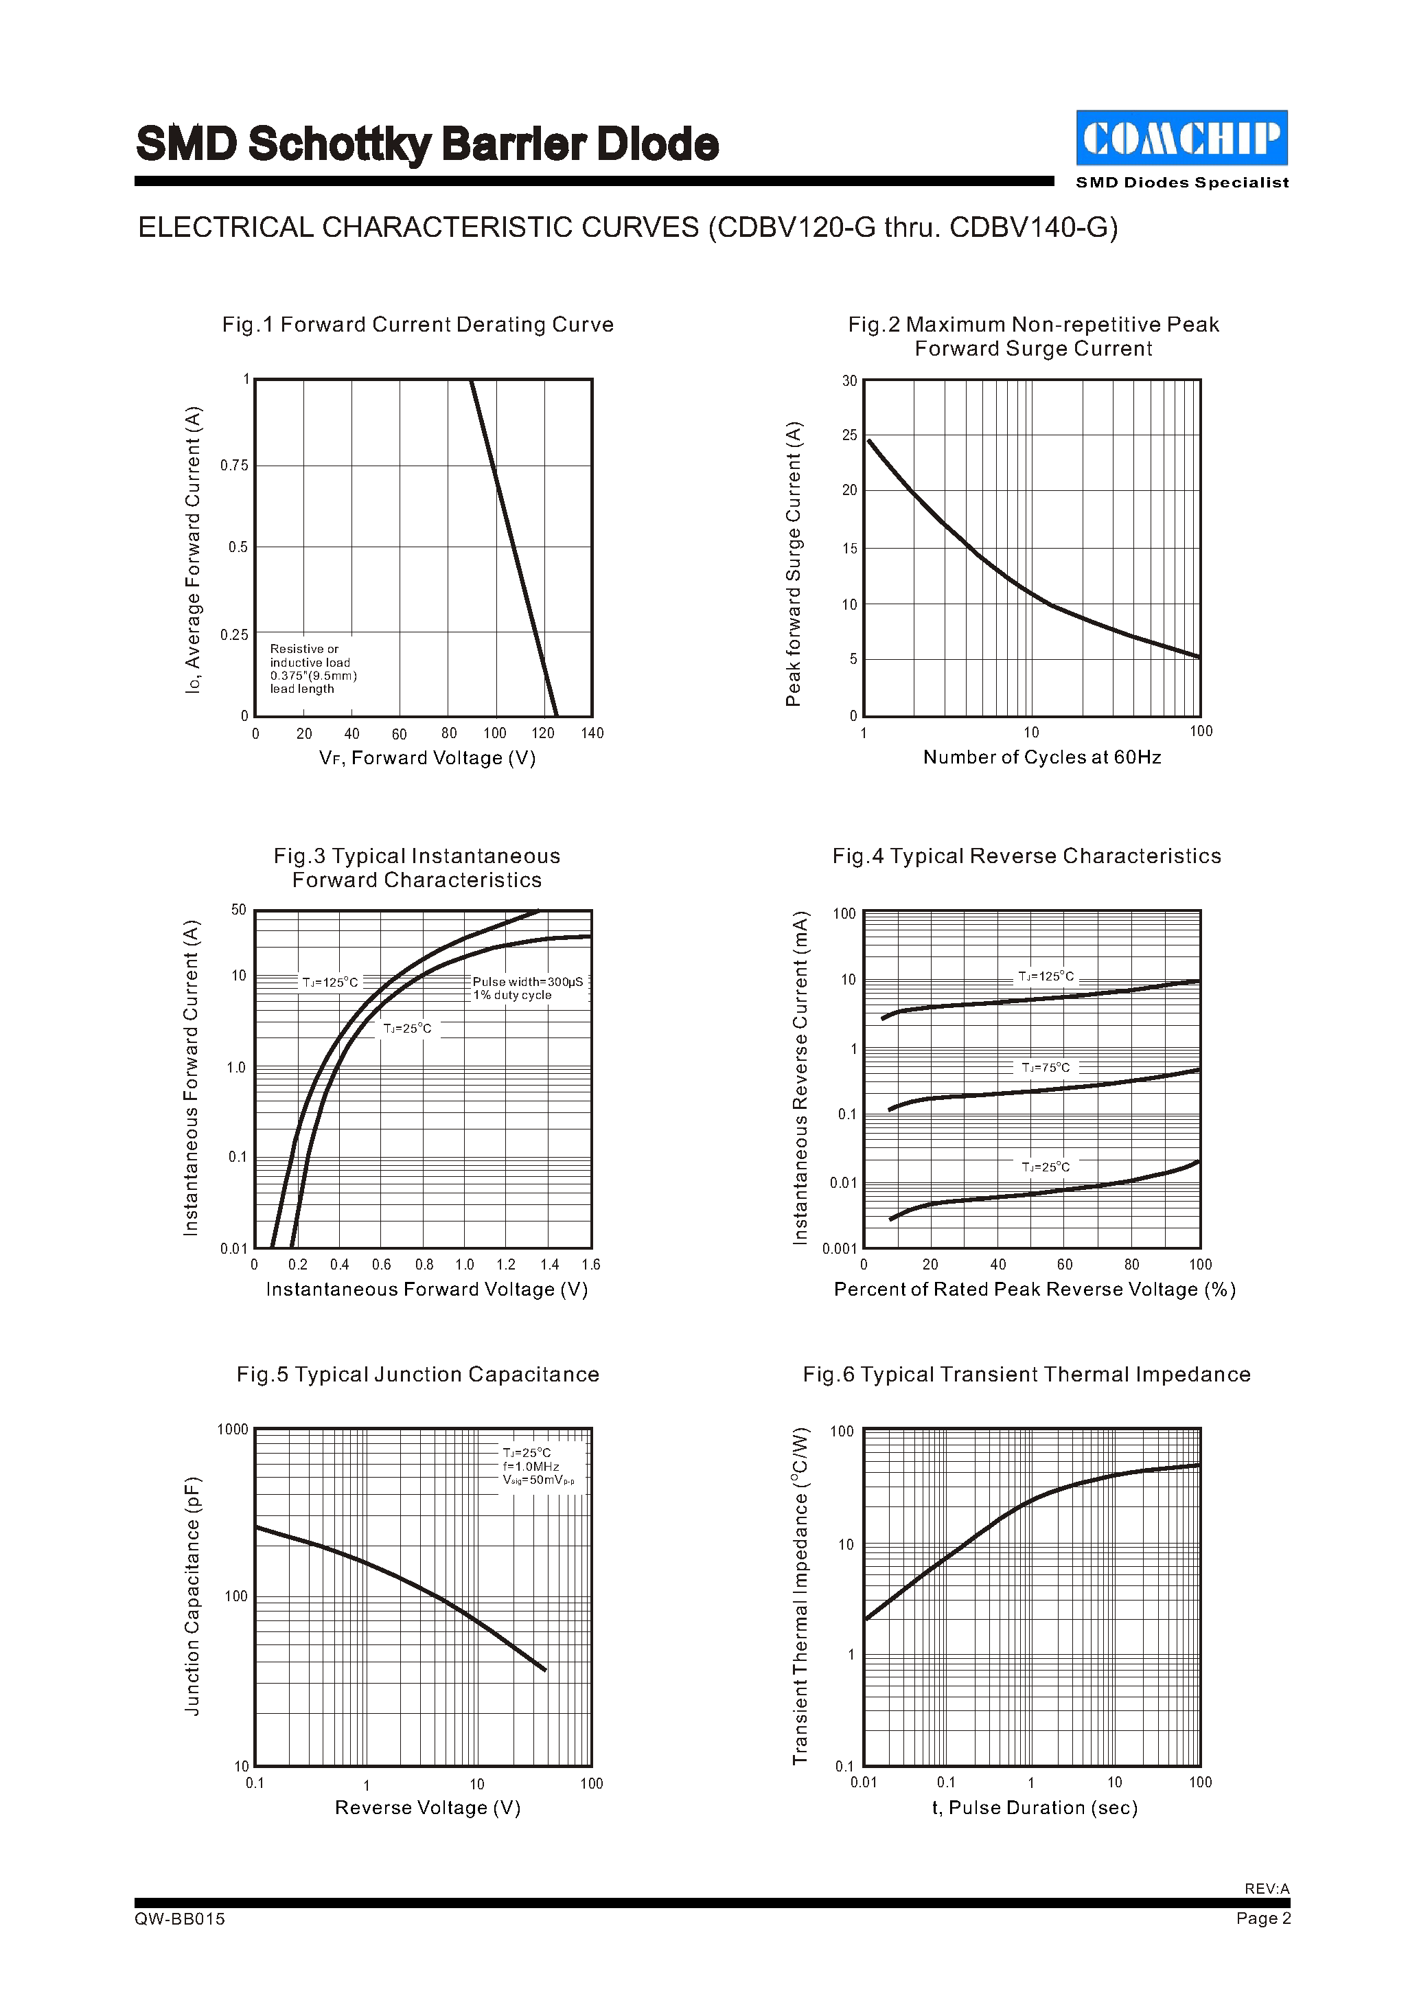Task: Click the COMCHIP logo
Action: [x=1181, y=138]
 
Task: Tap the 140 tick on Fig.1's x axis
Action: [x=592, y=733]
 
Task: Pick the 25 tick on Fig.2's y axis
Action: [x=849, y=435]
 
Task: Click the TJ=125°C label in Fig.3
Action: [x=330, y=983]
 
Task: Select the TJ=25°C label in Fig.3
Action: [x=407, y=1029]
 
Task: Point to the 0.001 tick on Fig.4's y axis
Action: [x=839, y=1248]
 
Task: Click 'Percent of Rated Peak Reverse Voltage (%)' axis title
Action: [x=1035, y=1289]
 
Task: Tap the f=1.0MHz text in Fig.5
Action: [x=531, y=1466]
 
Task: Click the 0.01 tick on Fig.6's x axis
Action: [x=864, y=1782]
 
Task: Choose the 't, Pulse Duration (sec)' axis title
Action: [x=1035, y=1808]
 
